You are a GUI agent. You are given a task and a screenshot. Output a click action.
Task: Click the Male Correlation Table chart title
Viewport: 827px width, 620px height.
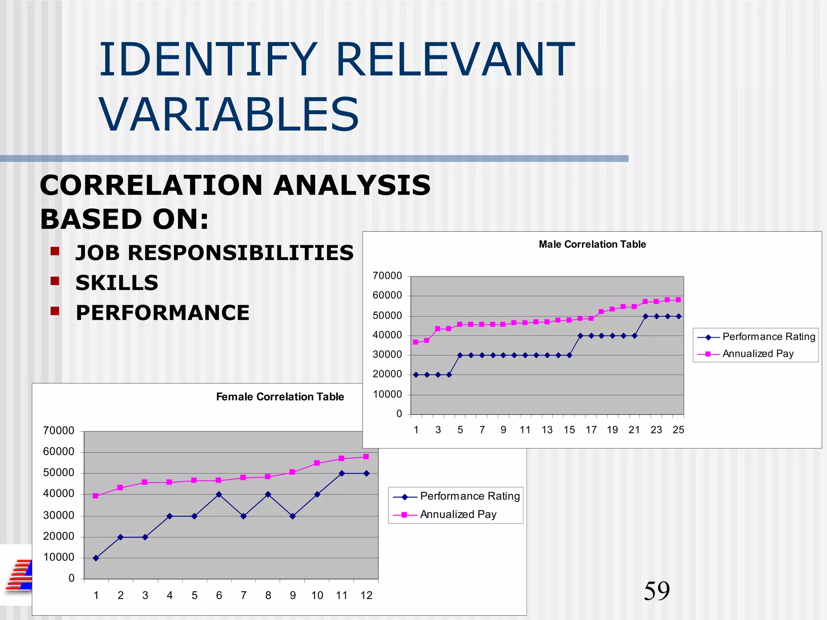592,244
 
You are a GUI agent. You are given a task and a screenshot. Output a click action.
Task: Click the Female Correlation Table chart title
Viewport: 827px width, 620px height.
280,397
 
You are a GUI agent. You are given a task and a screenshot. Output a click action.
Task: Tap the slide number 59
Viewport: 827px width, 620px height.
657,591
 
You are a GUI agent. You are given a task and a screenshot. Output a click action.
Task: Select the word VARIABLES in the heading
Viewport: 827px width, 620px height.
229,115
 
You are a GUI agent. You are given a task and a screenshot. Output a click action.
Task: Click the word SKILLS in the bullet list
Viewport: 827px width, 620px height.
117,283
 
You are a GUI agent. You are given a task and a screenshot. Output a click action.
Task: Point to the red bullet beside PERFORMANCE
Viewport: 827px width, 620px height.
55,311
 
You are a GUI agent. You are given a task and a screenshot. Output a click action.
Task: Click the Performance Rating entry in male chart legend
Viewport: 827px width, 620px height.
768,337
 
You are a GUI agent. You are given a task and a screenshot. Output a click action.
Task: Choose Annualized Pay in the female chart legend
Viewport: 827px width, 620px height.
458,514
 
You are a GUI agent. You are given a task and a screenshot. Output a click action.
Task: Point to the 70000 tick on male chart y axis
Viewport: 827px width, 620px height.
387,276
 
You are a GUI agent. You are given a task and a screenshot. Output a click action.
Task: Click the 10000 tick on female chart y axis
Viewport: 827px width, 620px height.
59,557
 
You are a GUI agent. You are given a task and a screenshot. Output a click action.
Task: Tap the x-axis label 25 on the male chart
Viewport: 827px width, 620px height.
678,430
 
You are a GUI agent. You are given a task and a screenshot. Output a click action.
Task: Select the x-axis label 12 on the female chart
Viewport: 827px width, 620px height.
366,595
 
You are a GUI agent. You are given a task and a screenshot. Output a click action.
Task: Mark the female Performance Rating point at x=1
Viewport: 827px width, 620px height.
96,558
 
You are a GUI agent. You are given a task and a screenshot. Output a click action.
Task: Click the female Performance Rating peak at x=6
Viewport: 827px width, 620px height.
219,494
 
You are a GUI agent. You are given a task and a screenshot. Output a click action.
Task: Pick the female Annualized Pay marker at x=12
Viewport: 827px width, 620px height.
366,457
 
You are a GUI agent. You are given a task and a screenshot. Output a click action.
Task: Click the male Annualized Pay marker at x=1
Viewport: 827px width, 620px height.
416,342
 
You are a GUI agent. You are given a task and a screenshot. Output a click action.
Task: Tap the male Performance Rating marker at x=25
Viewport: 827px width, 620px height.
678,316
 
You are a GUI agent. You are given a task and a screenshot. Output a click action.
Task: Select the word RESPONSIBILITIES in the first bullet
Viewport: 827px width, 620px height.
241,253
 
